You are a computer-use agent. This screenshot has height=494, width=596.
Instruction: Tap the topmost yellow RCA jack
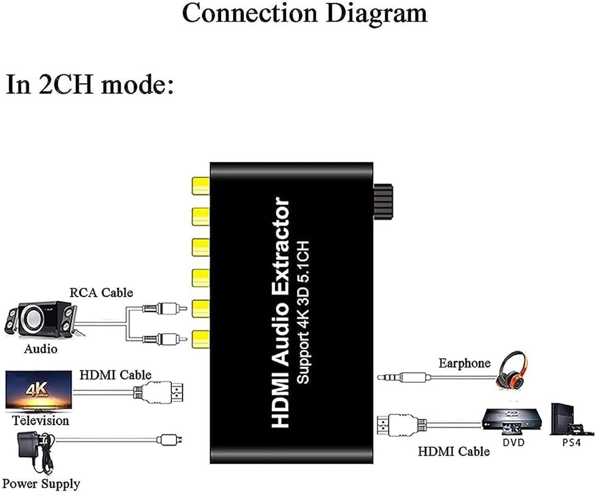201,185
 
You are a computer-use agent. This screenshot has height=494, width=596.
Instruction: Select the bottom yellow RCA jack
201,340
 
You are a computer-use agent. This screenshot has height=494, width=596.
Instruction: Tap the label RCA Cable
101,293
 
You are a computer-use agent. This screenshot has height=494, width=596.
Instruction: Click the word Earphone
464,363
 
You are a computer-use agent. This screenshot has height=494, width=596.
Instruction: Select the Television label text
40,420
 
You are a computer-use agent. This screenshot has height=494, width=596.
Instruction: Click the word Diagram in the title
376,13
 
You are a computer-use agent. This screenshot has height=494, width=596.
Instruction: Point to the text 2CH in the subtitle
66,85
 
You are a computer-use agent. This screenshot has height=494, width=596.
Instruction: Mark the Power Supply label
41,484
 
